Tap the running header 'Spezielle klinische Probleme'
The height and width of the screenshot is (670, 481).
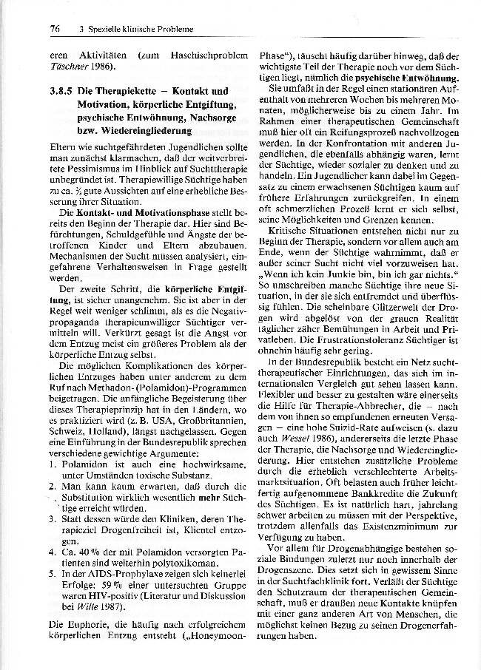tap(138, 29)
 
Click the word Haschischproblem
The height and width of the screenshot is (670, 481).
tap(195, 55)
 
